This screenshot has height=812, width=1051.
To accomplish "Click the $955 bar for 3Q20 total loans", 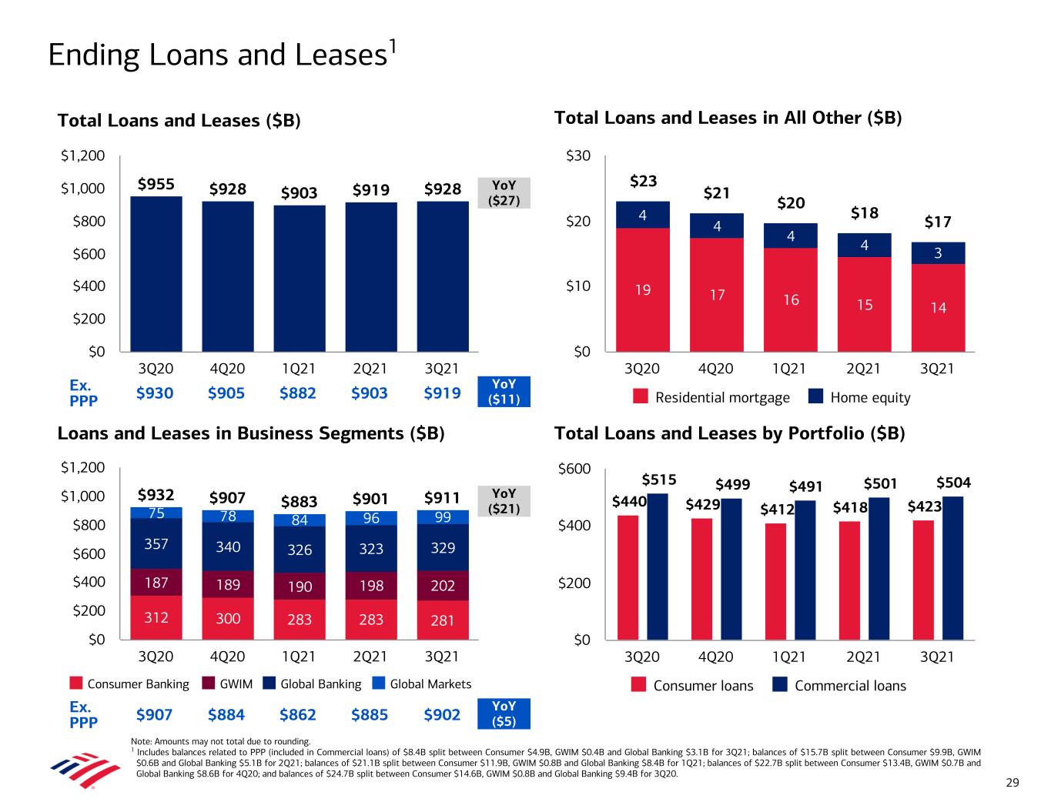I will (x=156, y=274).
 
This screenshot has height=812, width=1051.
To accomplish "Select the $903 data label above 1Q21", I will (x=299, y=192).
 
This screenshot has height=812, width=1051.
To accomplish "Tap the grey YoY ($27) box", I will (x=504, y=193).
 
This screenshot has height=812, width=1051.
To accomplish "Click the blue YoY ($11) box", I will (x=504, y=392).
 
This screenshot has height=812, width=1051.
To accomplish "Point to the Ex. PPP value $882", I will (x=299, y=393).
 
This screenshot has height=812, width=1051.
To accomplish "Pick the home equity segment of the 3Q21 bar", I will (x=938, y=253).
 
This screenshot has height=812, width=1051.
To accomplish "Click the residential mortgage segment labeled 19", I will (x=643, y=290).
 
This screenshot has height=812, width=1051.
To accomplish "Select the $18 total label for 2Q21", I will (x=864, y=212).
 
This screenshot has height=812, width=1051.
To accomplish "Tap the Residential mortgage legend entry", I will (x=711, y=397).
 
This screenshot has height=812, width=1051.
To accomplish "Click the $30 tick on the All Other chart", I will (x=577, y=157).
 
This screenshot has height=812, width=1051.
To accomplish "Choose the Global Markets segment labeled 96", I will (x=371, y=518).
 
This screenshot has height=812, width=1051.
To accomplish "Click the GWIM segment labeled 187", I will (x=156, y=583).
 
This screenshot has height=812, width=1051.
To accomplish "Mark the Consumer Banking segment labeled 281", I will (x=442, y=620).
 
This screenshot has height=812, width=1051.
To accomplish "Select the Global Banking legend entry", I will (x=311, y=684).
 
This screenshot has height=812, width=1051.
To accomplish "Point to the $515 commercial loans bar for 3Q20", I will (x=657, y=566).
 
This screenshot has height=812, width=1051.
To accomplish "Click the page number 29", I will (x=1012, y=783).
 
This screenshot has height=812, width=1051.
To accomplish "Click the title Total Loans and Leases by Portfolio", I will (x=729, y=433).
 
